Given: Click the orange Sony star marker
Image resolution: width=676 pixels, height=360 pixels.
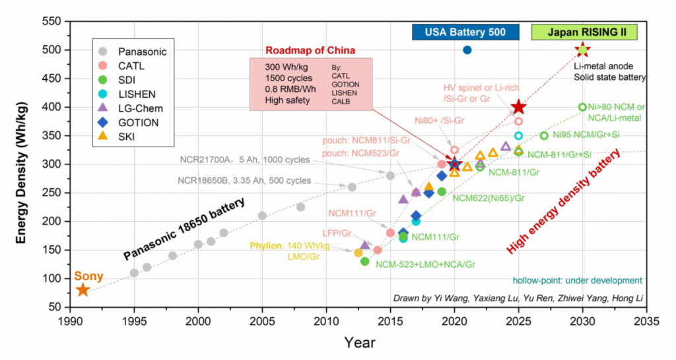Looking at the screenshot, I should (83, 289).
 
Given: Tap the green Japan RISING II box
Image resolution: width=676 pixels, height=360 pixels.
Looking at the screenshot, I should (584, 32).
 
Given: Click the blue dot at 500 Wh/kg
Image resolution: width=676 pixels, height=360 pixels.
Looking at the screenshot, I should (467, 50).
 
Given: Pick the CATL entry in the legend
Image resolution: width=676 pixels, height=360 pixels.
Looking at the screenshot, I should (131, 65).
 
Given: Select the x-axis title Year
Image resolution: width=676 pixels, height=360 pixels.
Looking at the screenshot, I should (360, 342).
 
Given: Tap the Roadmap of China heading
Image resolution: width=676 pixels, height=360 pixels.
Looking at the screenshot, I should (310, 50).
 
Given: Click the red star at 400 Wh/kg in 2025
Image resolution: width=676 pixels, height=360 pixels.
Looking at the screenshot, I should (519, 107).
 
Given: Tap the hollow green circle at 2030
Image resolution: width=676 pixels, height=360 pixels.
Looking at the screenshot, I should (582, 107).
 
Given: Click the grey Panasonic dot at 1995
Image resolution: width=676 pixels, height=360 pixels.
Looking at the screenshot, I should (134, 273).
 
